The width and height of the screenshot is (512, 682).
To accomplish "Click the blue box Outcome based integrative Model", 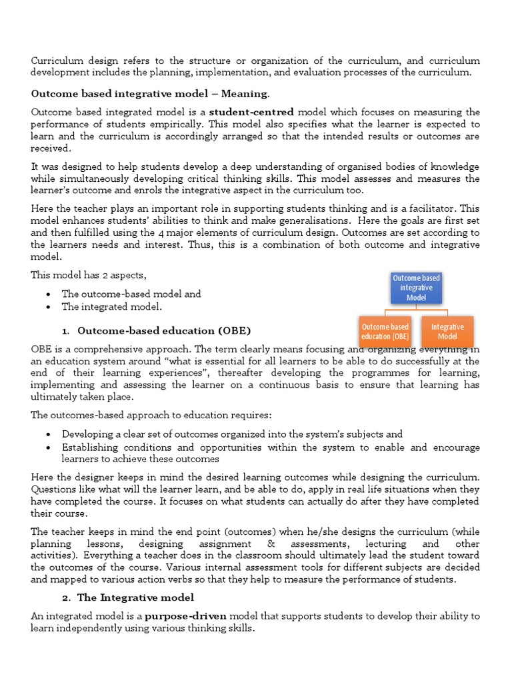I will coord(416,288).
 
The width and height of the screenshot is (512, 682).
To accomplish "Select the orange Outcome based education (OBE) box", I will coord(385,332).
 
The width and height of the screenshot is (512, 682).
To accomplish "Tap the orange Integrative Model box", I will coord(447,332).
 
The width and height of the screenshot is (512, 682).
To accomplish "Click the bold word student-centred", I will coord(254,112).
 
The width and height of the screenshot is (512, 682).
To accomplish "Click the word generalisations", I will coord(312,220).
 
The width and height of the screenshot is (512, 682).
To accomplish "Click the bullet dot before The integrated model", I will coord(50,307).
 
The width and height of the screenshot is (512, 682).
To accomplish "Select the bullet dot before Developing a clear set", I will coord(50,434).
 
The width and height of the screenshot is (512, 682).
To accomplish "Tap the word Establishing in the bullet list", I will coord(91,448).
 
